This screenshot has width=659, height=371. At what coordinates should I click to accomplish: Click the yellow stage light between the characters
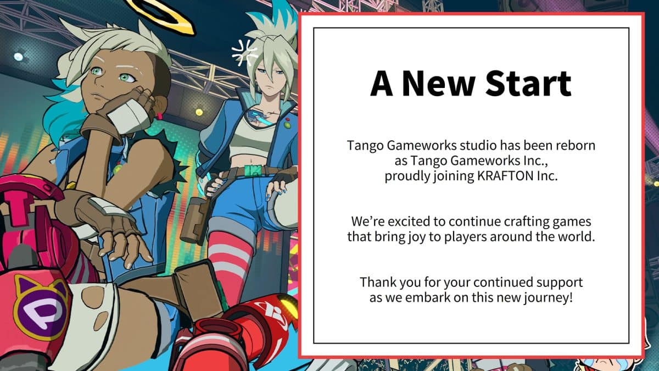pos(199,112)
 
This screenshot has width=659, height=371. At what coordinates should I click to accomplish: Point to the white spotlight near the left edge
pos(18,57)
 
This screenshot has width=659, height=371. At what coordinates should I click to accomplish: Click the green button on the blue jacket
pos(287,125)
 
